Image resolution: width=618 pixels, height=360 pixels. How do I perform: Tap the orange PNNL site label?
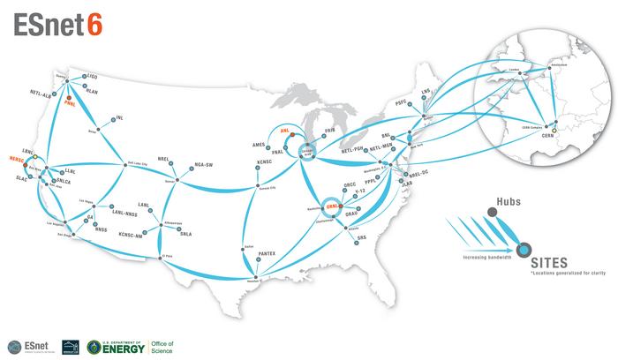pyautogui.click(x=72, y=103)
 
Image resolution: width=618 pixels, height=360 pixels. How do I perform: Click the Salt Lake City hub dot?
pyautogui.click(x=121, y=162)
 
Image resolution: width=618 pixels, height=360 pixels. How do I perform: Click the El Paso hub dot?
pyautogui.click(x=161, y=257)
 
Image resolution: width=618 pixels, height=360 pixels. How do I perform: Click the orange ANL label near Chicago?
pyautogui.click(x=284, y=130)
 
